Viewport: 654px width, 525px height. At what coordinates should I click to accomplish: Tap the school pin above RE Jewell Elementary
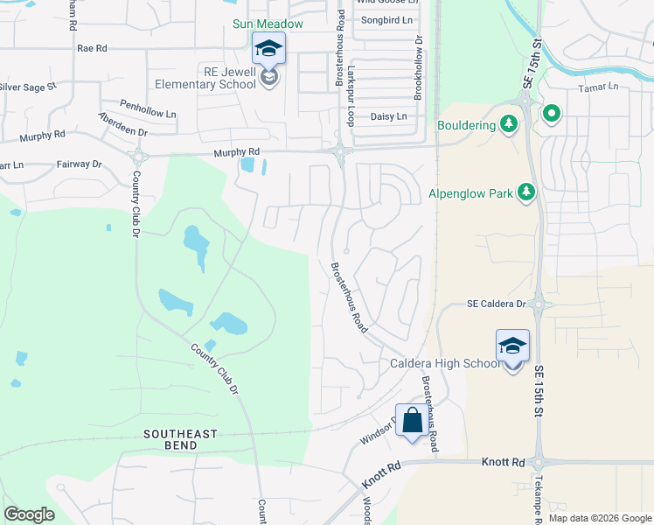(268, 49)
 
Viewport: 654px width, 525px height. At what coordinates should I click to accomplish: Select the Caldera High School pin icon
(512, 346)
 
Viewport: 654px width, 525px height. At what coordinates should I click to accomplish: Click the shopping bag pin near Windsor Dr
(412, 421)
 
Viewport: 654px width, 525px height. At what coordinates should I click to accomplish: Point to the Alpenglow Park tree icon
(526, 192)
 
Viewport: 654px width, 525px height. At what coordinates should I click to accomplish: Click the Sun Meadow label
(268, 24)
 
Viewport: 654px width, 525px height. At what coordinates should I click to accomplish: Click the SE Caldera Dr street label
(495, 304)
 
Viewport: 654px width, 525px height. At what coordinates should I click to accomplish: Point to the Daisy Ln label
(389, 116)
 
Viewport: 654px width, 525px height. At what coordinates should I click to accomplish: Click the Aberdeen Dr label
(123, 123)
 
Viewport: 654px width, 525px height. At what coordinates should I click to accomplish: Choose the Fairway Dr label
(79, 164)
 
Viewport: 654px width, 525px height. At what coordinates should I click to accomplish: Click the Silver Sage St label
(27, 87)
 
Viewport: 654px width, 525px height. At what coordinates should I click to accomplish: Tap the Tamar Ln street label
(597, 87)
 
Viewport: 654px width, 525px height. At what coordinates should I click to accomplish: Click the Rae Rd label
(92, 48)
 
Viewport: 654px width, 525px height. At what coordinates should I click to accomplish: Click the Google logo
(29, 514)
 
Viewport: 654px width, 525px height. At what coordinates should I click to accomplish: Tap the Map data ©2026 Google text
(600, 518)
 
